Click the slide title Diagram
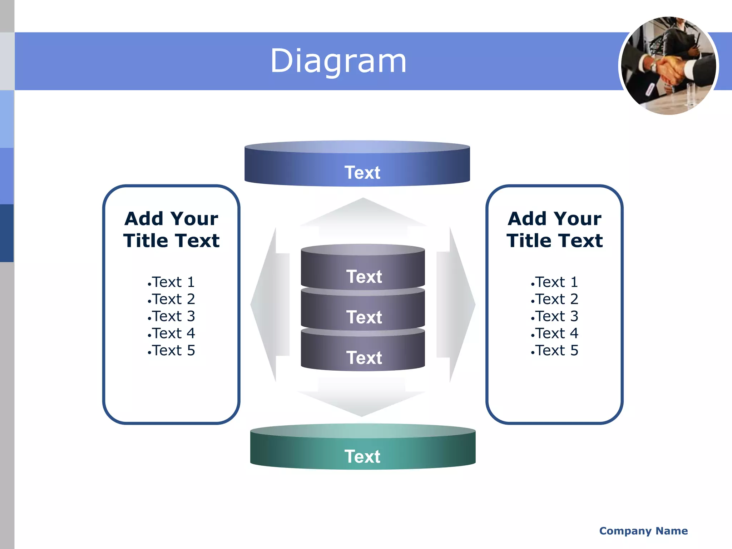[338, 61]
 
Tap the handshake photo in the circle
[668, 66]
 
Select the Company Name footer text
[643, 531]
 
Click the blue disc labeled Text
[357, 168]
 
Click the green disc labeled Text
[362, 452]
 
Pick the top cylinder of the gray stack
[363, 272]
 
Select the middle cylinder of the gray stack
[363, 313]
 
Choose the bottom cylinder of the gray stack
[363, 354]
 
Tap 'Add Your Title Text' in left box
[172, 229]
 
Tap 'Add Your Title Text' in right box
[555, 229]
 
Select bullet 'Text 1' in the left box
[172, 282]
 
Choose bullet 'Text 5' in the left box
[172, 350]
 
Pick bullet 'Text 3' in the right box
[555, 316]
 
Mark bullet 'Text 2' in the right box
[555, 299]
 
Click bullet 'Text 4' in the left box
[172, 333]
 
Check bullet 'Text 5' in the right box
[555, 350]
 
